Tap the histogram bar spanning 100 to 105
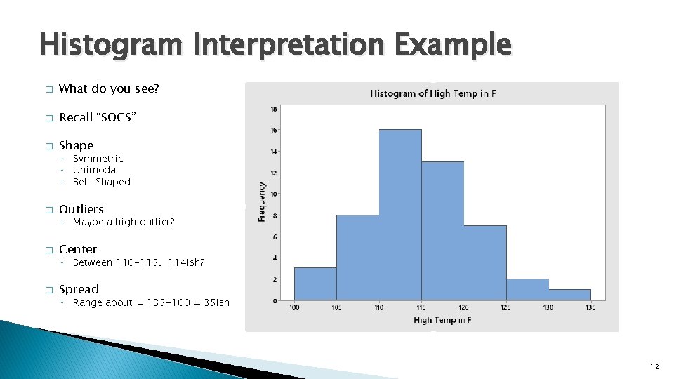pos(315,284)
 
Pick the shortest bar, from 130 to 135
pos(569,295)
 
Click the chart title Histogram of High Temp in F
pos(432,93)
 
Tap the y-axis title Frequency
pos(262,202)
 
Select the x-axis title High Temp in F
pos(442,320)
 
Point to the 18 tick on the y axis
pos(273,109)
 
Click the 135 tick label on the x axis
pos(590,307)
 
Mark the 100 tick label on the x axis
pos(294,307)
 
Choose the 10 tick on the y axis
pos(273,194)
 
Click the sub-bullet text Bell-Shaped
pos(102,182)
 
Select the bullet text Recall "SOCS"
pos(98,117)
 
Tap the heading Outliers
pos(81,209)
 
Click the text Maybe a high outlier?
pos(124,222)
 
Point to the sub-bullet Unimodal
pos(95,170)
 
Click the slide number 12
pos(654,366)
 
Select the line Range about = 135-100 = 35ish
pos(151,302)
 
